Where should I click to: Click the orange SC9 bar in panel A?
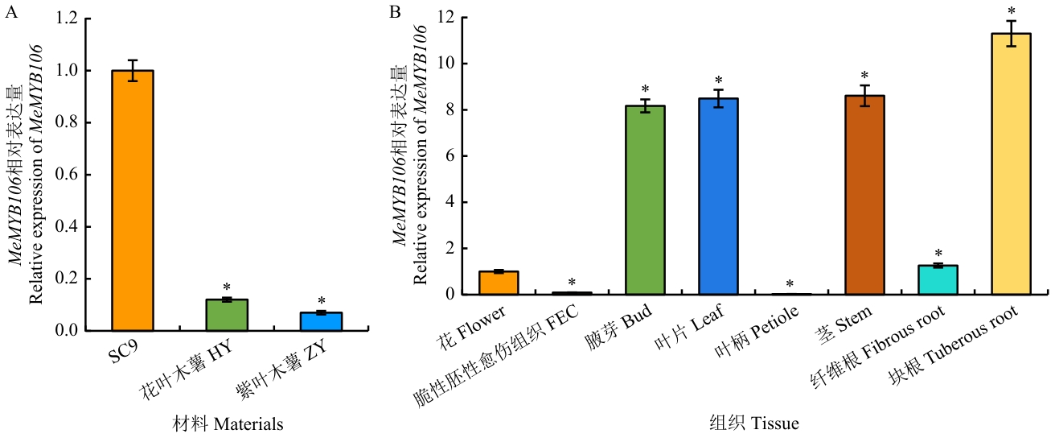pyautogui.click(x=133, y=200)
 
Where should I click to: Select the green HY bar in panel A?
pyautogui.click(x=228, y=315)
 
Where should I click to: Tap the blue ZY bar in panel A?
pyautogui.click(x=322, y=321)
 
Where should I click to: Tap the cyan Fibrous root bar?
pyautogui.click(x=938, y=279)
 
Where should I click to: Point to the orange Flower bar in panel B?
pyautogui.click(x=499, y=283)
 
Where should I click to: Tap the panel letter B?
pyautogui.click(x=395, y=11)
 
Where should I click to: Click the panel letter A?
pyautogui.click(x=11, y=11)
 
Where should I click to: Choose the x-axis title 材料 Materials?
pyautogui.click(x=228, y=423)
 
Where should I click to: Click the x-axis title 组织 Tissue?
pyautogui.click(x=754, y=423)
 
